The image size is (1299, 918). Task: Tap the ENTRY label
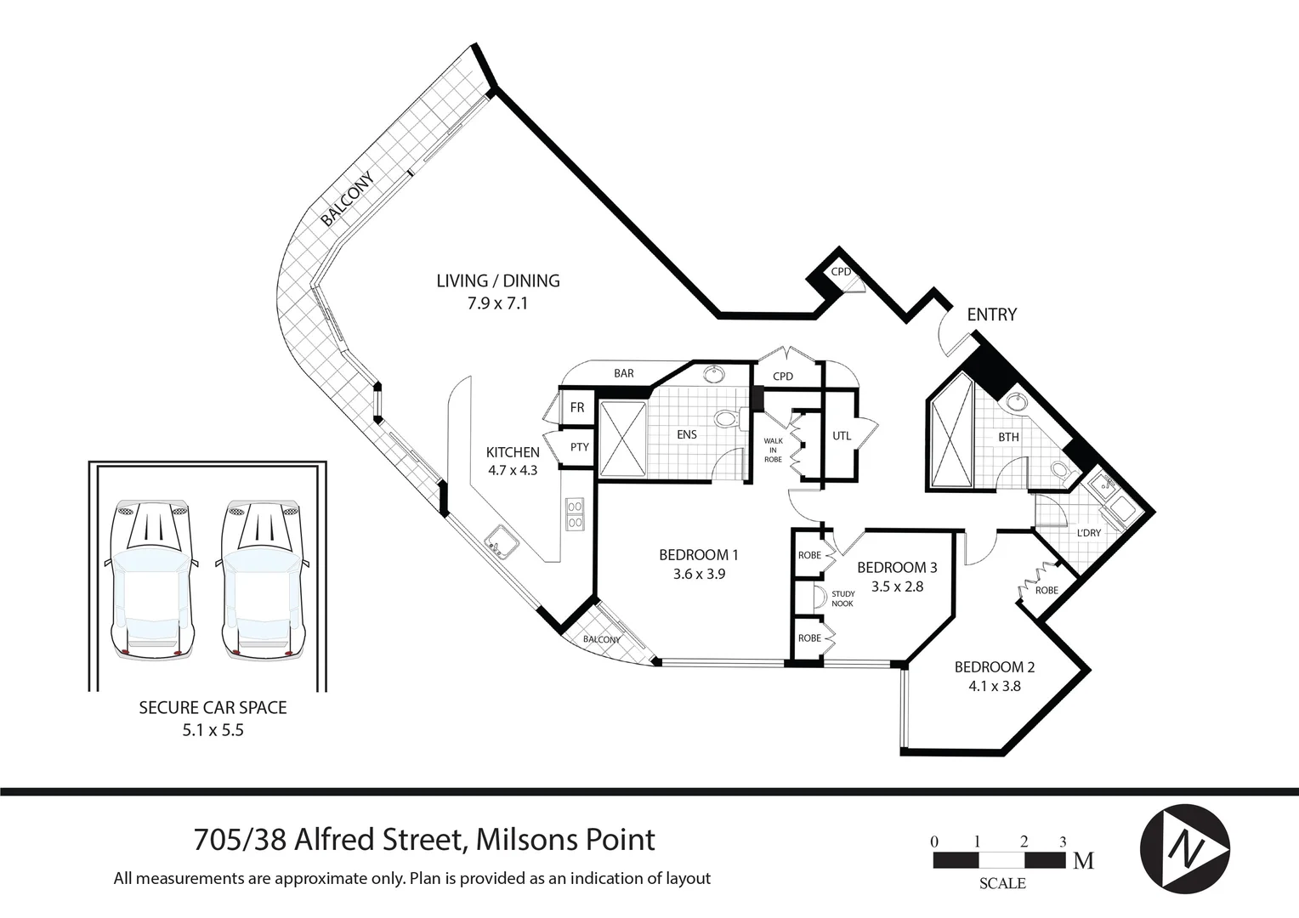click(x=991, y=314)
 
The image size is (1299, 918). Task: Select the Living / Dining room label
click(x=497, y=280)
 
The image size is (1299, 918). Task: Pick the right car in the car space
click(x=264, y=578)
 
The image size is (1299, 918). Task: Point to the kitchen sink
click(x=498, y=541)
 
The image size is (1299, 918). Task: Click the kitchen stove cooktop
click(x=575, y=513)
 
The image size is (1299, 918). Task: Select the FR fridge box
click(x=577, y=408)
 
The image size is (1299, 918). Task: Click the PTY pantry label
click(x=579, y=447)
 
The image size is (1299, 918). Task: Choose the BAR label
click(x=624, y=373)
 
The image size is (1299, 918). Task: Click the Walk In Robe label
click(x=773, y=450)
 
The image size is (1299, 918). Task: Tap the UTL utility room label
click(x=842, y=436)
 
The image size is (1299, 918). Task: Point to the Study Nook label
click(x=842, y=598)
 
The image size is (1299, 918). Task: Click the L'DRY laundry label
click(x=1088, y=533)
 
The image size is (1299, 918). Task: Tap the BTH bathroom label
click(x=1008, y=437)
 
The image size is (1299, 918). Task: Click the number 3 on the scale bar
click(x=1063, y=841)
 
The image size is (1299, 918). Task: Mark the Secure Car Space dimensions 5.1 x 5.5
click(x=213, y=729)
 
